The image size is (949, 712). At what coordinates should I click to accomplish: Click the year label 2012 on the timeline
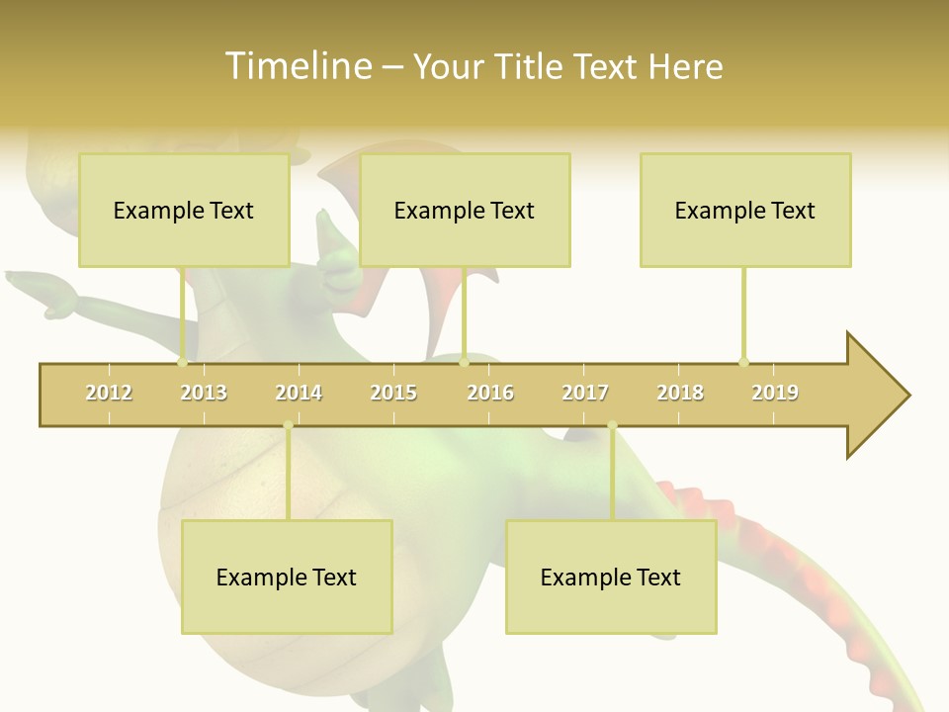109,393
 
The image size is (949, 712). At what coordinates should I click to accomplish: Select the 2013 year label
204,393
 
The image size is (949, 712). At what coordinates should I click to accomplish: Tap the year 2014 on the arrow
299,393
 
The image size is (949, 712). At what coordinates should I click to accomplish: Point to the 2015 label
393,393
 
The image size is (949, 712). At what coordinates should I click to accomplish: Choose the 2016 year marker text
490,393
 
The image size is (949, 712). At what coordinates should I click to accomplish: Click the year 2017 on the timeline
585,393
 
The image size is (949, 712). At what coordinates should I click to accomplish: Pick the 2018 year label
680,393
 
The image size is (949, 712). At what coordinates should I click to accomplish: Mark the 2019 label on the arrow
775,393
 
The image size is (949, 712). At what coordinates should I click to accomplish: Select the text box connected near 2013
184,210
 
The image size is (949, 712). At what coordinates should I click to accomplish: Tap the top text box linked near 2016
465,210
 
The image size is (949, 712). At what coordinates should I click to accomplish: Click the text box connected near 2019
745,210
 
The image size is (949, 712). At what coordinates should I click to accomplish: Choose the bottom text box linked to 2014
287,577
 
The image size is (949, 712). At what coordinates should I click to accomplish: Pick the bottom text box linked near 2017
611,577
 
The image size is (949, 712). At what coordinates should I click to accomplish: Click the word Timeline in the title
297,66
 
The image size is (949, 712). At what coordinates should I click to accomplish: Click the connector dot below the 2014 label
288,425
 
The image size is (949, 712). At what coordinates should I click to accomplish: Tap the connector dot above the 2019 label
743,362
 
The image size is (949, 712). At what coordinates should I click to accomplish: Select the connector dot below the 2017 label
612,425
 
